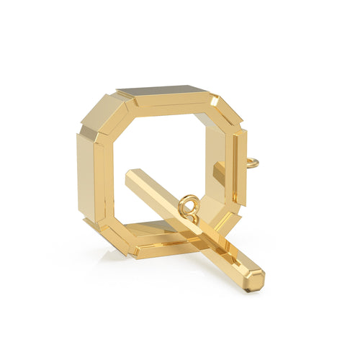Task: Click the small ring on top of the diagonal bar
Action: [x=189, y=205]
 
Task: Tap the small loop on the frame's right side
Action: [x=251, y=164]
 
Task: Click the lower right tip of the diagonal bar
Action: [x=256, y=281]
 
